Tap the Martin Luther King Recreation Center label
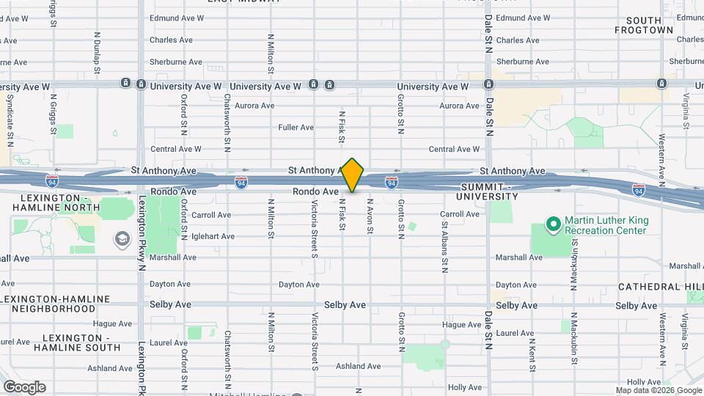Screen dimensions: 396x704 click(x=606, y=225)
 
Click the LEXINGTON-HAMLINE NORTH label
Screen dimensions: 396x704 click(x=56, y=203)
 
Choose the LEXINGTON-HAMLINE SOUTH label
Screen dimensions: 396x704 click(x=56, y=342)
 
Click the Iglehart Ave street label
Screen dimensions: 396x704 click(x=213, y=236)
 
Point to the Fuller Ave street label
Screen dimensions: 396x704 click(x=296, y=128)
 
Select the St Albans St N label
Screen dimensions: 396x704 click(x=444, y=245)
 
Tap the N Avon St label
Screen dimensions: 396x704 click(x=370, y=216)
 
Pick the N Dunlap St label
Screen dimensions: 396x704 click(x=97, y=53)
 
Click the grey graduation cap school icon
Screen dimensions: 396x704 click(x=120, y=239)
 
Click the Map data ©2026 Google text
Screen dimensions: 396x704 click(x=657, y=390)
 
